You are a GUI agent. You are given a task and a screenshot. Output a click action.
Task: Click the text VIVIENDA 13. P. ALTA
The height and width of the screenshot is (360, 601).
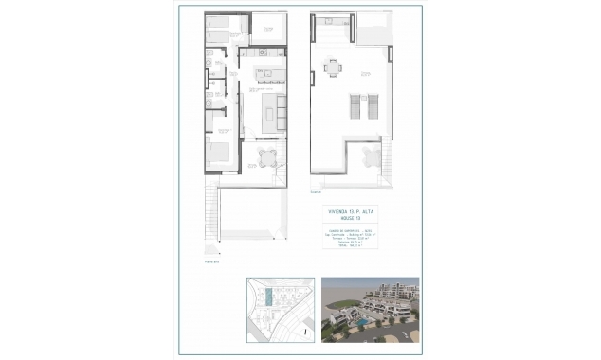coord(350,209)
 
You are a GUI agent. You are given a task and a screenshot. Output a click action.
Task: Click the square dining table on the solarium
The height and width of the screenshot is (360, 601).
coord(332,66)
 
